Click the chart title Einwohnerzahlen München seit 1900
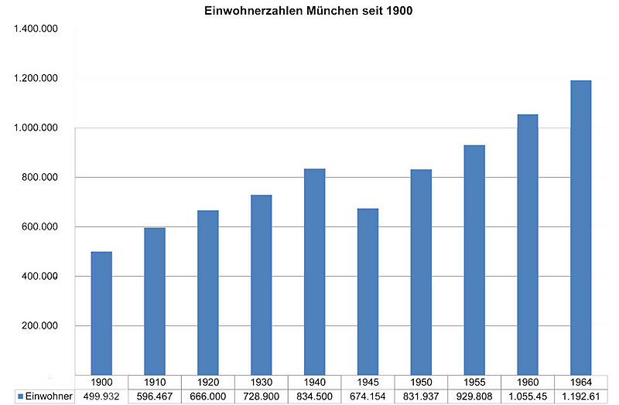pyautogui.click(x=309, y=12)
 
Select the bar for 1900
pyautogui.click(x=101, y=313)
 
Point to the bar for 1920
pyautogui.click(x=207, y=293)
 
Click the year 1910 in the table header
pyautogui.click(x=155, y=382)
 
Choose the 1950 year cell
pyautogui.click(x=421, y=382)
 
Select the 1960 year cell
pyautogui.click(x=528, y=382)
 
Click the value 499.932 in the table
pyautogui.click(x=101, y=396)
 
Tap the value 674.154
pyautogui.click(x=368, y=396)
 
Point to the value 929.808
pyautogui.click(x=474, y=396)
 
